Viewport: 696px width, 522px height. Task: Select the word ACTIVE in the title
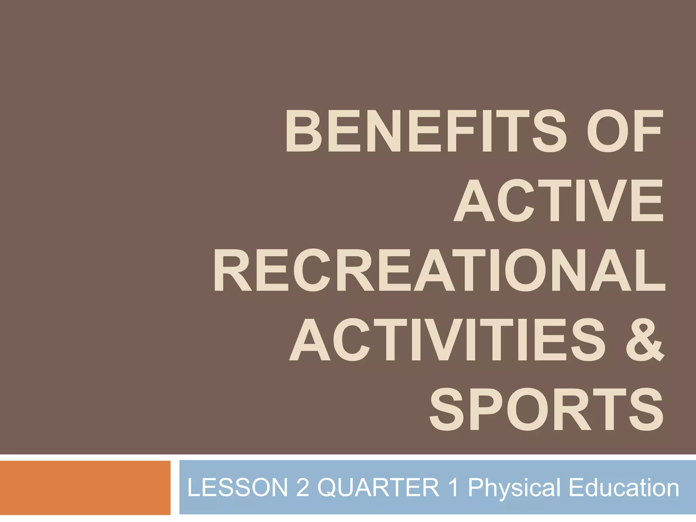click(x=558, y=201)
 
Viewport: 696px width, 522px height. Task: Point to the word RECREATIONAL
click(x=439, y=270)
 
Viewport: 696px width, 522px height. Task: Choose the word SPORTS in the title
click(x=546, y=410)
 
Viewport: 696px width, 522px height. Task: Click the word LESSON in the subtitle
click(x=238, y=488)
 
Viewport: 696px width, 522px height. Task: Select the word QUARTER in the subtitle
click(x=378, y=488)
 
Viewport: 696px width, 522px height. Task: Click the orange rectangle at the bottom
click(x=85, y=488)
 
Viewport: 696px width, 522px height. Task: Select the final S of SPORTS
click(x=645, y=410)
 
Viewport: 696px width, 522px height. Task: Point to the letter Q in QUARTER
click(x=330, y=488)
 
